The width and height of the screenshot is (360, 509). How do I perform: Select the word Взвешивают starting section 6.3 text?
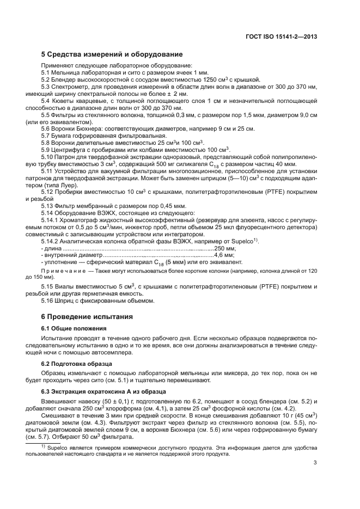[60, 401]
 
